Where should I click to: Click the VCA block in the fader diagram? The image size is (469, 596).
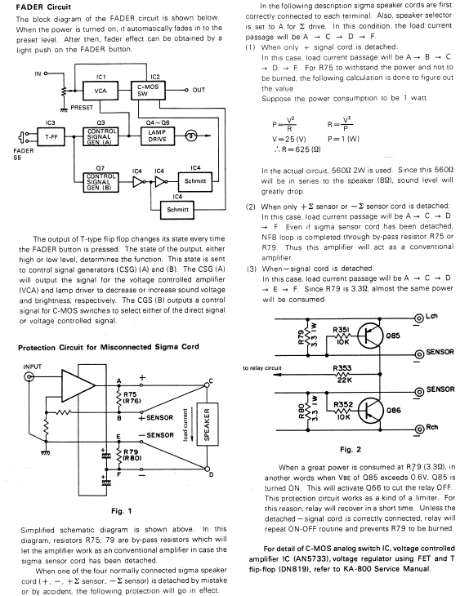coord(100,91)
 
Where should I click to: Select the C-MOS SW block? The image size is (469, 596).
coord(148,90)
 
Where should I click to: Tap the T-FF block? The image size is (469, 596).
coord(51,136)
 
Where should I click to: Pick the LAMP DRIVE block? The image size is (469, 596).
coord(158,136)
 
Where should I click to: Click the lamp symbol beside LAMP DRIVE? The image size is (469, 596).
coord(191,136)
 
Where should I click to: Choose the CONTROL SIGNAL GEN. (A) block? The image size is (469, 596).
coord(100,136)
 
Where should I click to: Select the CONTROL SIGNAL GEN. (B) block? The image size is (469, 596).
coord(100,182)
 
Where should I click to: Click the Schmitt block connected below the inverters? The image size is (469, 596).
coord(177,210)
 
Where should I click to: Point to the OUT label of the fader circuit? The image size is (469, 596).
coord(199,90)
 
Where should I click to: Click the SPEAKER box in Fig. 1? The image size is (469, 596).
coord(208,424)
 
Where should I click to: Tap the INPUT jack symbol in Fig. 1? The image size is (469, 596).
coord(29,377)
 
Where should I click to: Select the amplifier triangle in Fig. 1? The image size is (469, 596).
coord(78,385)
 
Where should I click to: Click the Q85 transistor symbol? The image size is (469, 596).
coord(369,336)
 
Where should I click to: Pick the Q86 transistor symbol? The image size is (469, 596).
coord(369,410)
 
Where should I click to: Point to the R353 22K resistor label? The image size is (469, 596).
coord(342,373)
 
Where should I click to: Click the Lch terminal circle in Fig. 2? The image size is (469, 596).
coord(419,318)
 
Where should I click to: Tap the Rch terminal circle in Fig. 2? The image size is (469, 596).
coord(419,429)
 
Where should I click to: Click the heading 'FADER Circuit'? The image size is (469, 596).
coord(43,7)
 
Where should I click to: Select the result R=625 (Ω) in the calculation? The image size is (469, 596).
coord(297,149)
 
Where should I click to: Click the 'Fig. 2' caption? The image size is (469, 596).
coord(351,449)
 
